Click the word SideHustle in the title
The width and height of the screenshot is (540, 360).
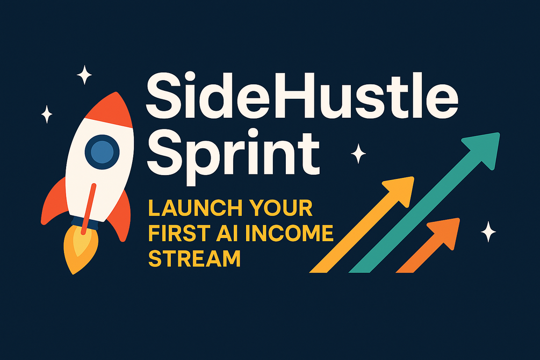301,96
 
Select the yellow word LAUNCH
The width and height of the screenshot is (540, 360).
195,208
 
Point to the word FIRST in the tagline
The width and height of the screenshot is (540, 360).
178,233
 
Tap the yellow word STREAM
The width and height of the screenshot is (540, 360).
194,258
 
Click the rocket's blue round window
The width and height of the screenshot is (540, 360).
102,152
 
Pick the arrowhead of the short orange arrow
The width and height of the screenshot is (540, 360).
446,232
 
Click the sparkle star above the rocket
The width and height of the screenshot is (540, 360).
84,74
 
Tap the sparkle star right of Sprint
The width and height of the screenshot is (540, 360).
358,154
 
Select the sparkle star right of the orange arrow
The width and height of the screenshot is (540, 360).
488,232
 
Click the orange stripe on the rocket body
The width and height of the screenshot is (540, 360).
89,209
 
